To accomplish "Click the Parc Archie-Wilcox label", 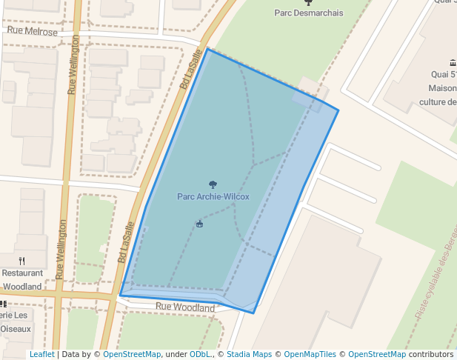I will click(x=213, y=196).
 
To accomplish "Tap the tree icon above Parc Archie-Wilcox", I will click(x=213, y=184).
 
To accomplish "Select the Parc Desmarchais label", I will click(x=308, y=13).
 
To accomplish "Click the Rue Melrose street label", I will click(x=33, y=32).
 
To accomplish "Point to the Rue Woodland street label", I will click(x=185, y=307).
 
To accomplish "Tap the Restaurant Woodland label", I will click(x=22, y=279).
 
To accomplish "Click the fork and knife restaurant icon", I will click(x=22, y=261).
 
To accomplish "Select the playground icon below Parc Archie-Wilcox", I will click(x=199, y=224).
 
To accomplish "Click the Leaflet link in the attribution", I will click(x=41, y=354).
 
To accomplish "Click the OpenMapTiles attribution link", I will click(x=309, y=354).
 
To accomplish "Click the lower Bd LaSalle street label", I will click(x=126, y=243).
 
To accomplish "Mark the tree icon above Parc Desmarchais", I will click(x=308, y=2).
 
